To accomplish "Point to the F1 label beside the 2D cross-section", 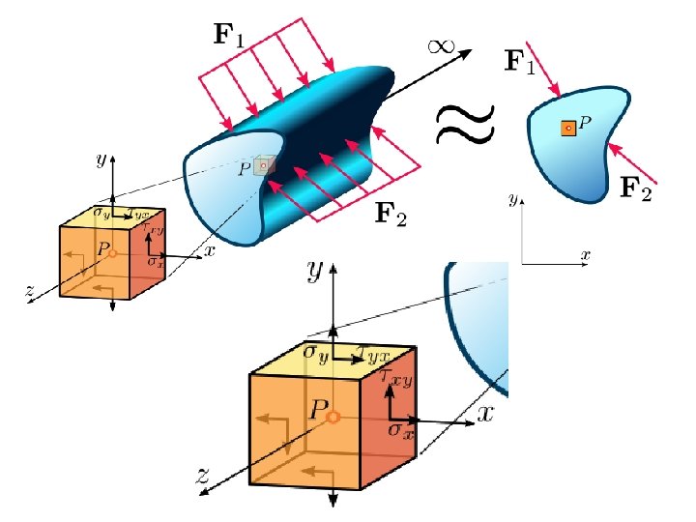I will tap(520, 63).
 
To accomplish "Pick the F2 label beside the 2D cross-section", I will tap(634, 188).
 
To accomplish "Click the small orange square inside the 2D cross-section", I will tap(568, 128).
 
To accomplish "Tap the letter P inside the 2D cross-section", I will tap(585, 123).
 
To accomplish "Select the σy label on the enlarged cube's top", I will tap(315, 353).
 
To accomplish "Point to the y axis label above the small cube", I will tap(101, 159).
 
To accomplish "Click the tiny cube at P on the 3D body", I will tap(263, 166).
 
